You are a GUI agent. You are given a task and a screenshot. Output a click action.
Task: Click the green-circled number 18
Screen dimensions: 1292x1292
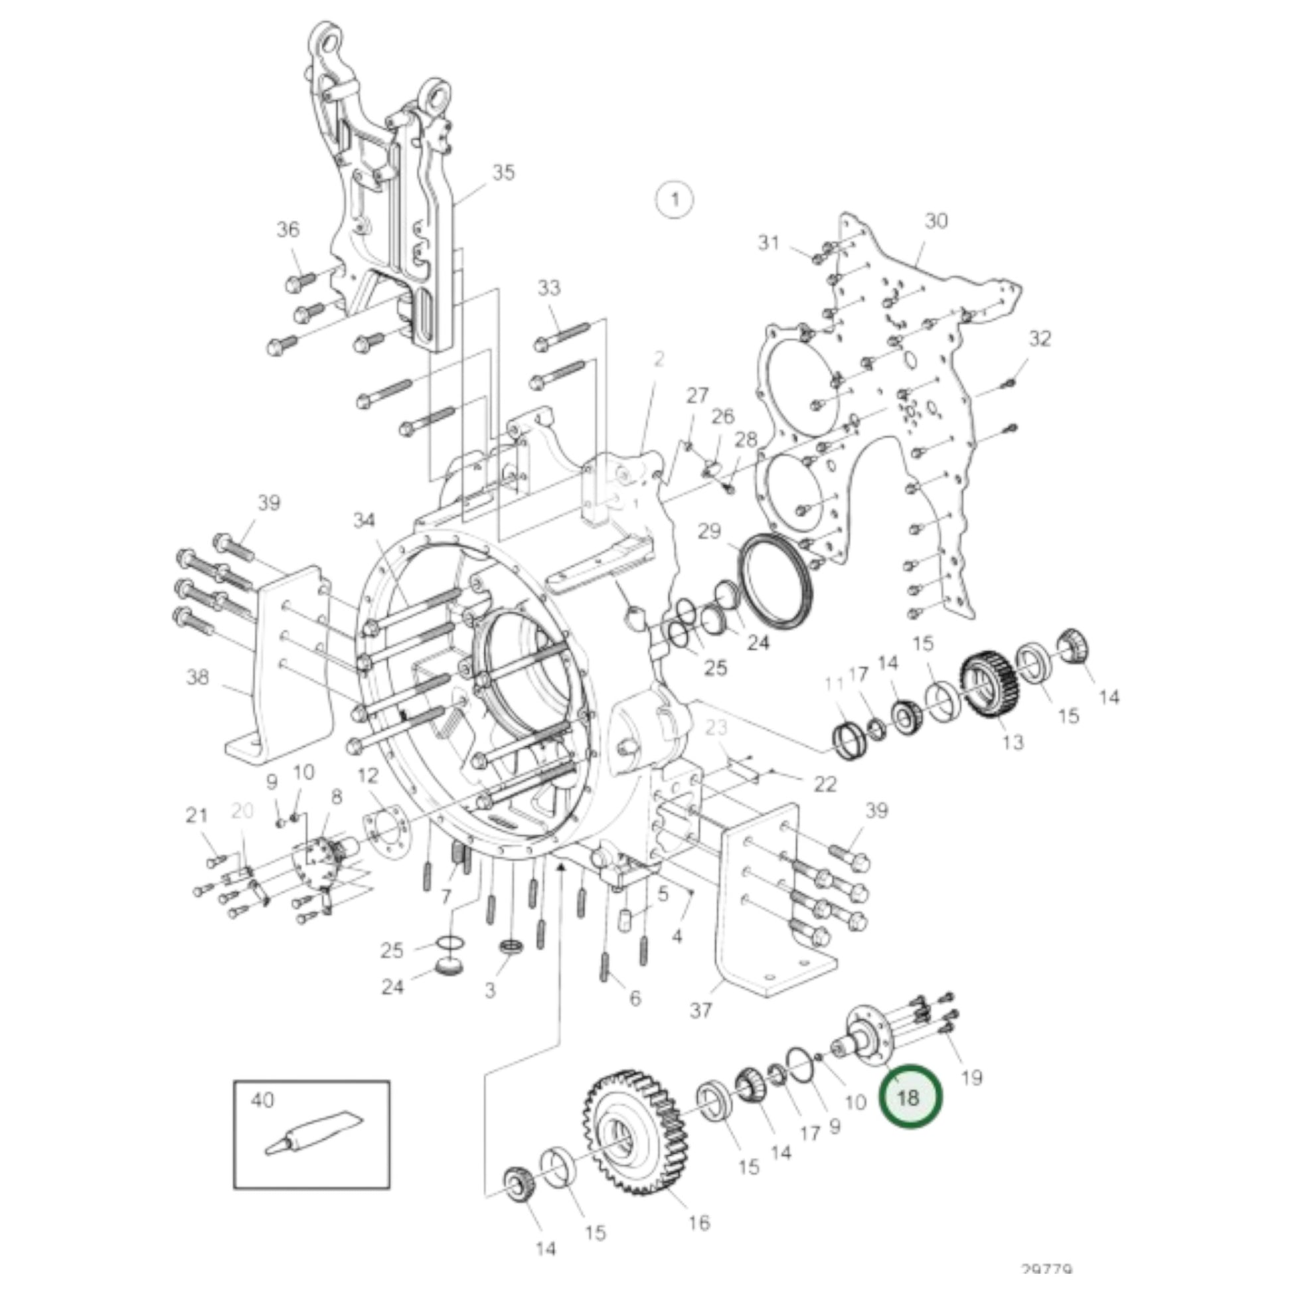(x=910, y=1097)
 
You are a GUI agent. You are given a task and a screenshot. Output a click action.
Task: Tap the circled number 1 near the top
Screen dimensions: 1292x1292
(x=674, y=199)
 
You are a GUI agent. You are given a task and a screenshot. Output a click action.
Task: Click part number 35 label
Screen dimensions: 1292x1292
(x=503, y=173)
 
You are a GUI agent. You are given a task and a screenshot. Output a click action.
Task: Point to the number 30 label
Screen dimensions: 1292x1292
(x=936, y=220)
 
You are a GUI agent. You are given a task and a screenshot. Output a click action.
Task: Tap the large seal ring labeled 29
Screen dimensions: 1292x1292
(x=775, y=581)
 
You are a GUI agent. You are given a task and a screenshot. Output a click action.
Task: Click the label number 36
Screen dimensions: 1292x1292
(x=288, y=229)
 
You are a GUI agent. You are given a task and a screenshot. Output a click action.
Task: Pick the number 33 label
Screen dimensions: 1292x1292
(x=549, y=288)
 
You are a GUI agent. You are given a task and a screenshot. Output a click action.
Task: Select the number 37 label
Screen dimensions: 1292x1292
(x=700, y=1009)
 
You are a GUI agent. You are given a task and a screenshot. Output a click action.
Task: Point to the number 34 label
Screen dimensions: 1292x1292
(x=364, y=521)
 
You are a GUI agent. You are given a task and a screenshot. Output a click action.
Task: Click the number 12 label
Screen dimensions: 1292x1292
(x=368, y=776)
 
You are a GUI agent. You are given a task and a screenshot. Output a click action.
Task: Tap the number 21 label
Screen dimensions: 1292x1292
(x=197, y=815)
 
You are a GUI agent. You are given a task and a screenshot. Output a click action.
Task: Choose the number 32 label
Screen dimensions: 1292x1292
(x=1039, y=339)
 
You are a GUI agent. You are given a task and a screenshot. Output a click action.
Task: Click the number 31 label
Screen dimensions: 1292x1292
(x=769, y=242)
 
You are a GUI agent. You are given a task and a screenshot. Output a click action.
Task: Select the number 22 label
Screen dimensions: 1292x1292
(x=825, y=783)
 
